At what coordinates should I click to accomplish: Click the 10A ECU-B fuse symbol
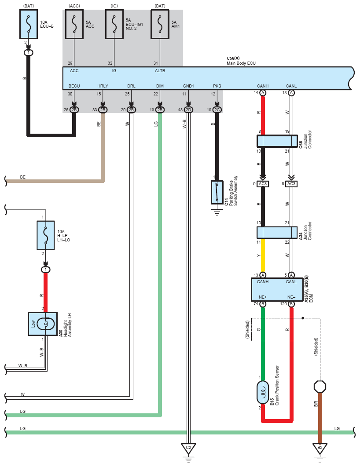[29, 24]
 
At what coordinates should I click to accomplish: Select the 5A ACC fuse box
[74, 24]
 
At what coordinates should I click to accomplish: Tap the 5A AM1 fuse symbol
[160, 24]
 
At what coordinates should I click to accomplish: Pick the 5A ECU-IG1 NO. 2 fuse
[114, 24]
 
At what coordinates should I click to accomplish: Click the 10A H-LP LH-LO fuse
[46, 235]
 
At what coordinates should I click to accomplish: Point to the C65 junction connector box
[277, 141]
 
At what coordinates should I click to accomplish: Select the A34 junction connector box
[277, 233]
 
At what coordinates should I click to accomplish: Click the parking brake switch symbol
[217, 192]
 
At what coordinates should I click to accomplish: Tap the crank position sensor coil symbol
[263, 393]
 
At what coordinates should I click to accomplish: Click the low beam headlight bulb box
[43, 324]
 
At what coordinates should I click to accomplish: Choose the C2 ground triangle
[188, 449]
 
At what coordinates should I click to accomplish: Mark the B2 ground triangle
[320, 449]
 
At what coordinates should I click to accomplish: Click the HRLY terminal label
[103, 86]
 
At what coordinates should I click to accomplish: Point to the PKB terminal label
[217, 86]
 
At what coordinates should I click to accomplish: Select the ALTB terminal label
[160, 71]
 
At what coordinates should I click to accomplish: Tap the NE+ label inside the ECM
[263, 297]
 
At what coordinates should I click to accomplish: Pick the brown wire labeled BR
[320, 418]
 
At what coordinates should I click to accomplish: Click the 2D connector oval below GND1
[188, 110]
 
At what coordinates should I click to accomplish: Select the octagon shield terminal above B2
[320, 387]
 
